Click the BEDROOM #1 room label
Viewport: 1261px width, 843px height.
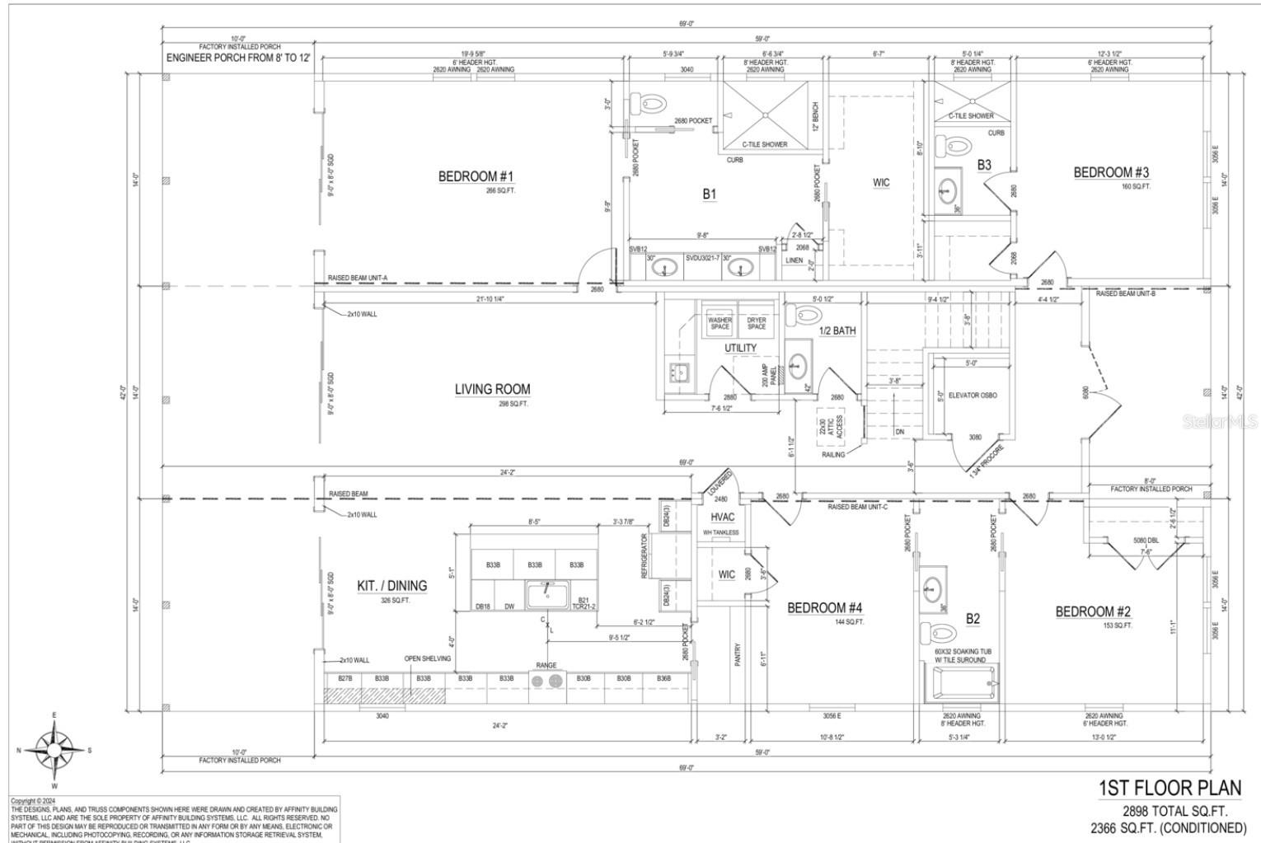[476, 176]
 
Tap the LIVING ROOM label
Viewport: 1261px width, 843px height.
[493, 389]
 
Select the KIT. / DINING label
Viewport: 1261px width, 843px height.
[392, 586]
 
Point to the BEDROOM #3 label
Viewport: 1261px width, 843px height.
[1111, 172]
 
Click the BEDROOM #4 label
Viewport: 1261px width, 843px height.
[824, 608]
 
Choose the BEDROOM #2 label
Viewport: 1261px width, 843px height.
[1093, 611]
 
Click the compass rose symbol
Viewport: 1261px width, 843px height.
[54, 750]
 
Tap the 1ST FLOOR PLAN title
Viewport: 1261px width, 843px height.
[1170, 788]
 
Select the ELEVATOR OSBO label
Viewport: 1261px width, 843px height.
[973, 396]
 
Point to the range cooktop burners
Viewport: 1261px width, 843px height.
[546, 680]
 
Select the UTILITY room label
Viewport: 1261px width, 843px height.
[740, 348]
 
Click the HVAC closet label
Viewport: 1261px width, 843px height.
[723, 517]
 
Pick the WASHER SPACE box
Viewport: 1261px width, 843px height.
[720, 323]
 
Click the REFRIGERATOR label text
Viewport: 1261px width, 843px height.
[645, 555]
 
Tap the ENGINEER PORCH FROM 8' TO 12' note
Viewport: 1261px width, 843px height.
[238, 59]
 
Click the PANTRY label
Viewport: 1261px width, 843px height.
[738, 654]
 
